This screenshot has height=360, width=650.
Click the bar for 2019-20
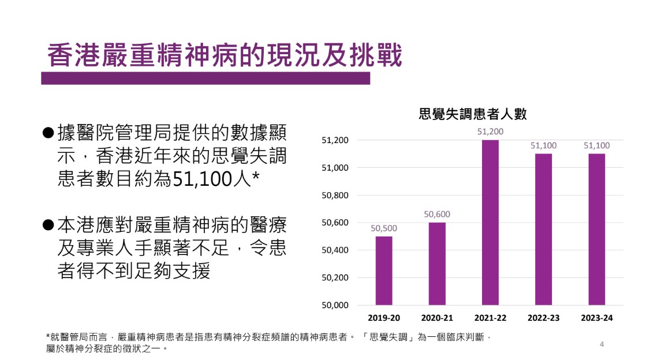384,271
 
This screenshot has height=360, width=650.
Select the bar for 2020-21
437,264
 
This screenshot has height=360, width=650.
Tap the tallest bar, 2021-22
490,223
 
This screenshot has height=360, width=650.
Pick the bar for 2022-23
543,230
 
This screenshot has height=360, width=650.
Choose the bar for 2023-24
596,230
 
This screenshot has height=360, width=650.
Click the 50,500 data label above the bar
384,228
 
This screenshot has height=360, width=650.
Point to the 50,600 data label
437,215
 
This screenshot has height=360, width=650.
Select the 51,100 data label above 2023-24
596,146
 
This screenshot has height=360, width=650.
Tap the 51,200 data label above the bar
490,132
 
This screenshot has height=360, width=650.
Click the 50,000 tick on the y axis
335,305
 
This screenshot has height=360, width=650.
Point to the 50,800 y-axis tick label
335,196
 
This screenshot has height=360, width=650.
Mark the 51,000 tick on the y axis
335,168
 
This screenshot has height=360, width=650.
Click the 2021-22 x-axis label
490,318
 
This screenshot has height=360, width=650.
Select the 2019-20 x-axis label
384,318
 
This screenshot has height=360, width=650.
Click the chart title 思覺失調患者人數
473,114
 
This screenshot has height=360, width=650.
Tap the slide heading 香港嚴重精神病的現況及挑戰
224,57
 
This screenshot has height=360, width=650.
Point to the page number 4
602,344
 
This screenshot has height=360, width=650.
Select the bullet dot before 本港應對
48,224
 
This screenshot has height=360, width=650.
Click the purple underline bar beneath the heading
205,78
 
